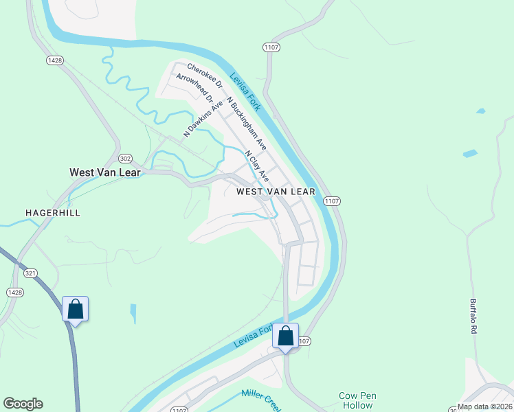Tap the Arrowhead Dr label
point(194,89)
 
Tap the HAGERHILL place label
point(53,213)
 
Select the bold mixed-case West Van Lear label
point(105,172)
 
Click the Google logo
point(23,404)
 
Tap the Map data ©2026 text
point(485,407)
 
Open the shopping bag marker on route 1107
point(286,336)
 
